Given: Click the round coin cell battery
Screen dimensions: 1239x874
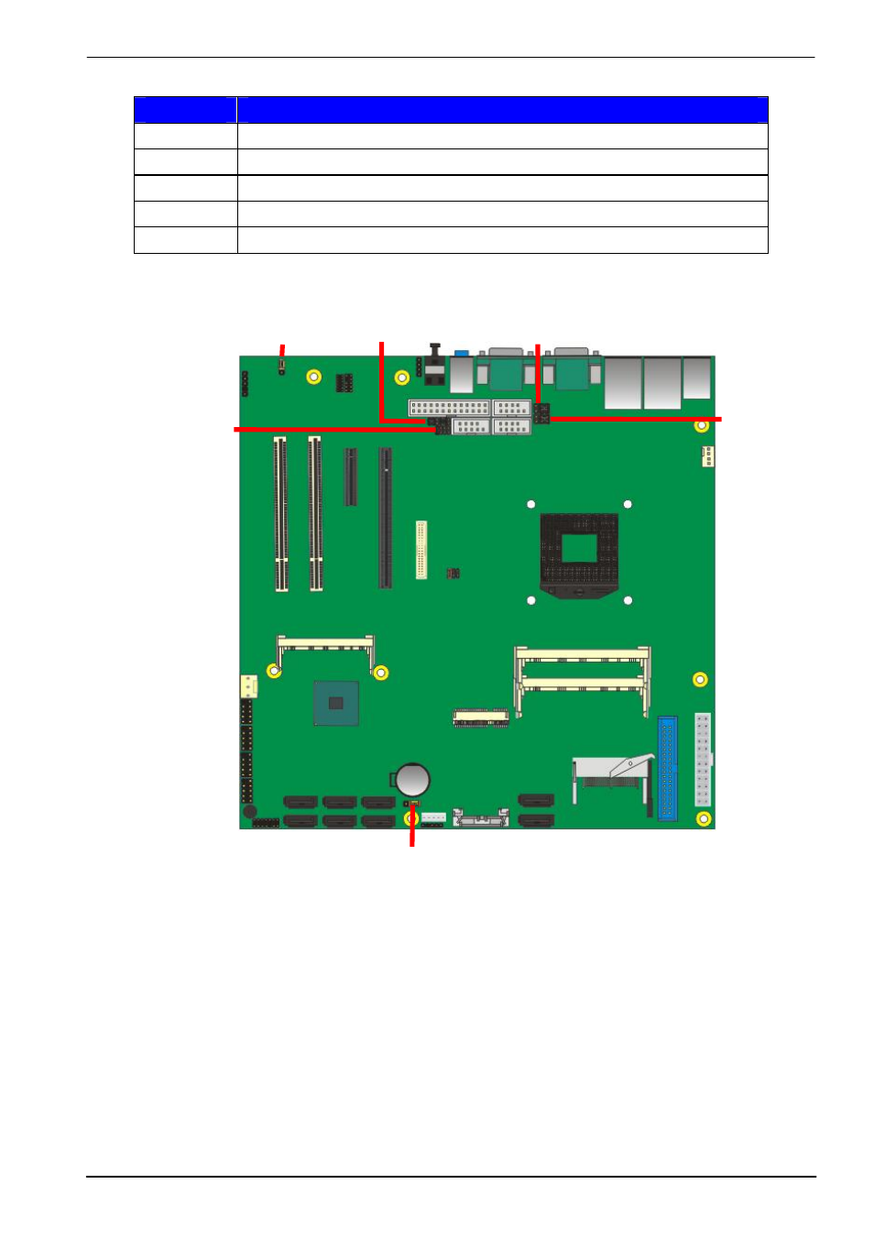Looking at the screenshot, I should (412, 780).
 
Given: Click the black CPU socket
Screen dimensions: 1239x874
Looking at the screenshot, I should (578, 553).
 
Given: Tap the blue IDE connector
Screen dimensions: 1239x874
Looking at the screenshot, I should (667, 768).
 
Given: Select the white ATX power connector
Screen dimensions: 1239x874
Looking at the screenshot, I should (703, 759).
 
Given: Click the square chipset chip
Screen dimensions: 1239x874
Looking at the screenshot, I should (335, 703).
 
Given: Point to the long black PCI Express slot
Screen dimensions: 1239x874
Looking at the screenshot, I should (385, 518).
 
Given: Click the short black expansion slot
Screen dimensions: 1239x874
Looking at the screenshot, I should (350, 477).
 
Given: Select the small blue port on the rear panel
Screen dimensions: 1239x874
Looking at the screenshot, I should (462, 353).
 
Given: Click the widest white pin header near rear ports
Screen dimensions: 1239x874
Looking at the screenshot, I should (449, 408).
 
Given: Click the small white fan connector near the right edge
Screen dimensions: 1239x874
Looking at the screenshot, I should (707, 455).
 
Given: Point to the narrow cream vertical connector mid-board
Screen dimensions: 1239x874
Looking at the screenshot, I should (421, 550).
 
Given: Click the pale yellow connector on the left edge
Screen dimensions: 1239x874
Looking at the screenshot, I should (248, 685).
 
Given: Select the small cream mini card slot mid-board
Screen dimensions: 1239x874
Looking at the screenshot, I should (481, 718).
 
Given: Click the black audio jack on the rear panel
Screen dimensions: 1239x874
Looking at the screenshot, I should (435, 365).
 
